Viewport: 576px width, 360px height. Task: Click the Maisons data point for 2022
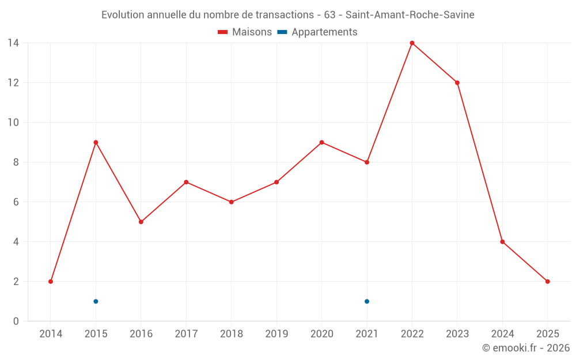pyautogui.click(x=412, y=43)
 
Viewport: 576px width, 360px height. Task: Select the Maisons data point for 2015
pyautogui.click(x=96, y=142)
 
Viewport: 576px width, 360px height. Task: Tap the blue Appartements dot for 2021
pyautogui.click(x=367, y=301)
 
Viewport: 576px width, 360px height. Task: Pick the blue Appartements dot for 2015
pyautogui.click(x=96, y=301)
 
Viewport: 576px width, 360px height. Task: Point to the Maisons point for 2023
pyautogui.click(x=457, y=82)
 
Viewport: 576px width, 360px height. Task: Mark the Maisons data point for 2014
pyautogui.click(x=51, y=282)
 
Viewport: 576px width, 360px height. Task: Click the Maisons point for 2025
pyautogui.click(x=548, y=282)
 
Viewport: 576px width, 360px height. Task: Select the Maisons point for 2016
pyautogui.click(x=141, y=222)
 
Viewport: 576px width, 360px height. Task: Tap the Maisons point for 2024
pyautogui.click(x=502, y=242)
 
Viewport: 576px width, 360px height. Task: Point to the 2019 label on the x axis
pyautogui.click(x=276, y=334)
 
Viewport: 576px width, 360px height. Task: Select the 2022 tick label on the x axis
pyautogui.click(x=412, y=334)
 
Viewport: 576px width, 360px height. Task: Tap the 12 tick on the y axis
pyautogui.click(x=13, y=82)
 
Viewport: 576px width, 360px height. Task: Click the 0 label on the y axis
pyautogui.click(x=16, y=321)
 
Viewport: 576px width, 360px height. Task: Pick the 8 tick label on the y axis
pyautogui.click(x=16, y=162)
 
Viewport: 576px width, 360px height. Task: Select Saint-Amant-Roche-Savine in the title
pyautogui.click(x=410, y=15)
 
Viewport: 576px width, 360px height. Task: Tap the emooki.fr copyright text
pyautogui.click(x=526, y=348)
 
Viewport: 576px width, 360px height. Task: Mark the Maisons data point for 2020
pyautogui.click(x=321, y=142)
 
